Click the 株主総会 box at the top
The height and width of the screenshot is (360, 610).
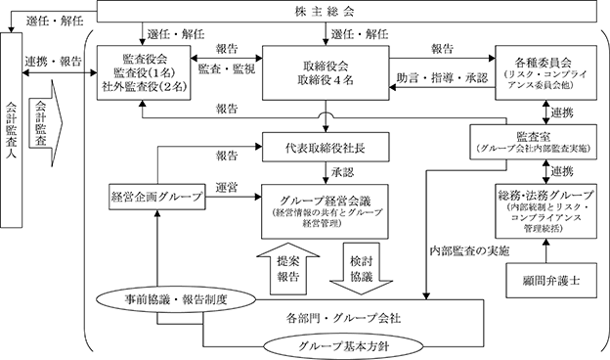pos(347,11)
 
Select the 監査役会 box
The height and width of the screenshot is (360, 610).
pos(144,72)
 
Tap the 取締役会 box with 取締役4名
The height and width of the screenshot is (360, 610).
pos(326,72)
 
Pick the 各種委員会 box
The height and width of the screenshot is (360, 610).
pos(545,72)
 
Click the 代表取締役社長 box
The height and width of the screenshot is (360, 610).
pos(326,147)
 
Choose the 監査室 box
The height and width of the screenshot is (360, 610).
pos(534,142)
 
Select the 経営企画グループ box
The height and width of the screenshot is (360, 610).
pos(157,198)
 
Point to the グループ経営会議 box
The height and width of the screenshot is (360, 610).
pos(325,211)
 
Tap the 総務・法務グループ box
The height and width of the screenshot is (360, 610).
pos(545,211)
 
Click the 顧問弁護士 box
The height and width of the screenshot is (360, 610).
pos(551,281)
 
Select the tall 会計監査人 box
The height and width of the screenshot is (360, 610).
pos(12,130)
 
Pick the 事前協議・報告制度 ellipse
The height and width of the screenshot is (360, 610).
pos(176,299)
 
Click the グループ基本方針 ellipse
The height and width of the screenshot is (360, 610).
pos(343,346)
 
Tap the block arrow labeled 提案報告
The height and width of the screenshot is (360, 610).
pos(288,269)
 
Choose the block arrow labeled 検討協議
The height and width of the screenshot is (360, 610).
pos(362,269)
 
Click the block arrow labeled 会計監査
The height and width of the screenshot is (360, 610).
pos(44,123)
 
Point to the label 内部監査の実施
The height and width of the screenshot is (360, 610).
pos(469,251)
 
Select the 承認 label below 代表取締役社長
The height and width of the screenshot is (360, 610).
pos(343,172)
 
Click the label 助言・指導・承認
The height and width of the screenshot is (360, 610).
pos(442,78)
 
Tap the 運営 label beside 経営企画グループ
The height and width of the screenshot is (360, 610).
pos(227,188)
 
